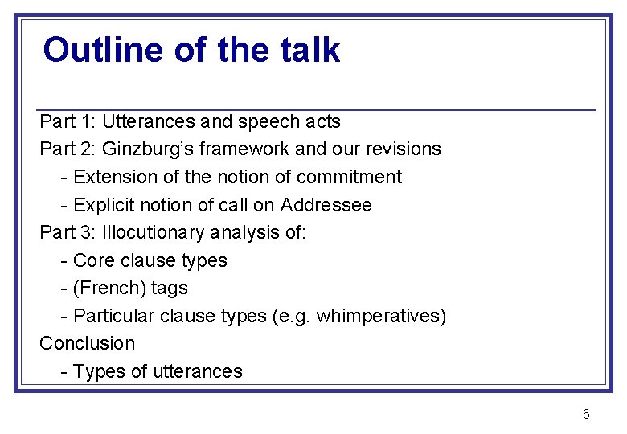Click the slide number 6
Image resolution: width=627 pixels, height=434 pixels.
pos(586,414)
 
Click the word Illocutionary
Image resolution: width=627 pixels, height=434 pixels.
pos(154,232)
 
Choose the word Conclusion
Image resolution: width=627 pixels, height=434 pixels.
pos(88,343)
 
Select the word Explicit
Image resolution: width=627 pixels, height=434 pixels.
pos(102,205)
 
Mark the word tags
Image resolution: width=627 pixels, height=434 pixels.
pos(169,288)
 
